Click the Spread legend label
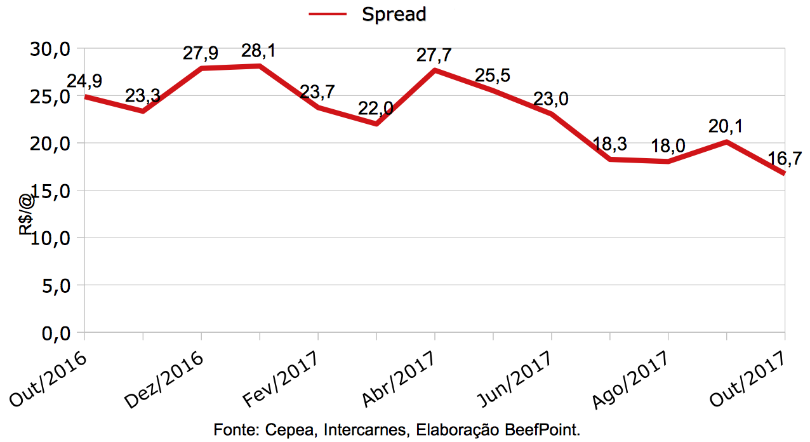[394, 14]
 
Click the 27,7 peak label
[434, 54]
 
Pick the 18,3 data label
[609, 144]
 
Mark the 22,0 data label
[376, 109]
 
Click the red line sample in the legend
[328, 14]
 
